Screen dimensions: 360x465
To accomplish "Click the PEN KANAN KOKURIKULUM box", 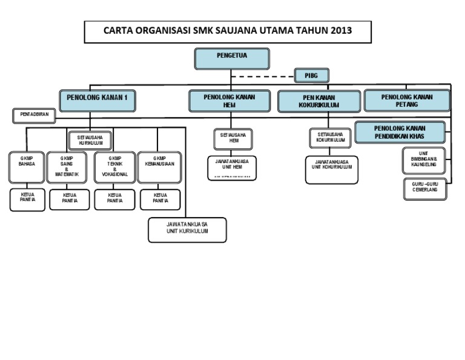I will click(x=318, y=101).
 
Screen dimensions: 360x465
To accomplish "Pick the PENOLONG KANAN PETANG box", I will click(x=406, y=101).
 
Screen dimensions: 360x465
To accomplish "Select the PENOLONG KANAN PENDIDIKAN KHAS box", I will click(x=400, y=132).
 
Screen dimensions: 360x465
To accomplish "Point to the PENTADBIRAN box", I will click(x=34, y=114).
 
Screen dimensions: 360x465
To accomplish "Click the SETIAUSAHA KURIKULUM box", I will click(x=90, y=141).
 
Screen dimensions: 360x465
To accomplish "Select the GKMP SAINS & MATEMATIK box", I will click(x=67, y=167).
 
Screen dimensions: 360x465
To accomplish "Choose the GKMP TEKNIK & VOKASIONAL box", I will click(x=114, y=167).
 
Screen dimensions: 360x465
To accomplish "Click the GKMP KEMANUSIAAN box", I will click(x=159, y=167).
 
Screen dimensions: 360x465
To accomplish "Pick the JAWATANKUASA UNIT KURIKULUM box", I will click(x=187, y=230).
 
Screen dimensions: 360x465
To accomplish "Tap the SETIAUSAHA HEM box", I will click(x=232, y=139).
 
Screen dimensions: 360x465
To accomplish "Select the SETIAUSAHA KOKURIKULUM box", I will click(x=331, y=138).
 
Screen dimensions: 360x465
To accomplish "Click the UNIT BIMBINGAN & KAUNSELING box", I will click(x=424, y=161).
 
